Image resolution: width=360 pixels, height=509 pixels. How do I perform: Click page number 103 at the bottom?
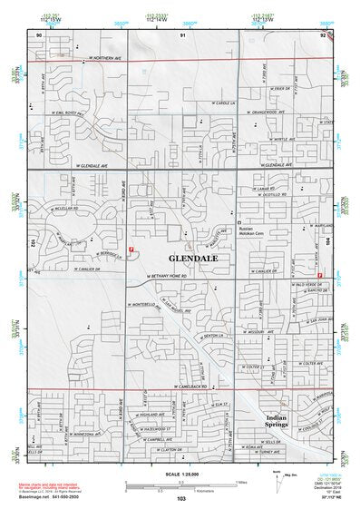(181, 498)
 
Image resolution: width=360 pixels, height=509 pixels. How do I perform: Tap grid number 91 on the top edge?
(181, 34)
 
